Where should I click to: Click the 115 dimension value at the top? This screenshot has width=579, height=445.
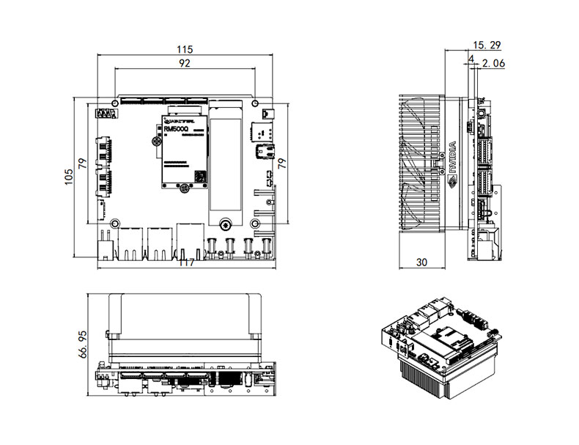click(x=184, y=49)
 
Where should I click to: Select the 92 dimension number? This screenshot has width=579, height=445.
click(x=184, y=64)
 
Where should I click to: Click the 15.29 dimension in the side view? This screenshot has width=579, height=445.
click(x=488, y=45)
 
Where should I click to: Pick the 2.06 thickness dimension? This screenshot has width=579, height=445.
click(x=494, y=64)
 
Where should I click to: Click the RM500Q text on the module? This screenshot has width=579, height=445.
click(x=175, y=129)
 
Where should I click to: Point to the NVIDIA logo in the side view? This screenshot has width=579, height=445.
click(x=453, y=158)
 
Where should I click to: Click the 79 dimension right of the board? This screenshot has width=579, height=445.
click(x=282, y=162)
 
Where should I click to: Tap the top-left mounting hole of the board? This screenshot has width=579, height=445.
click(x=115, y=103)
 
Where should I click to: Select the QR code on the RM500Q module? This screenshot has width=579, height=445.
click(x=199, y=176)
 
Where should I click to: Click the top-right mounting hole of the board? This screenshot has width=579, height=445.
click(x=254, y=103)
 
